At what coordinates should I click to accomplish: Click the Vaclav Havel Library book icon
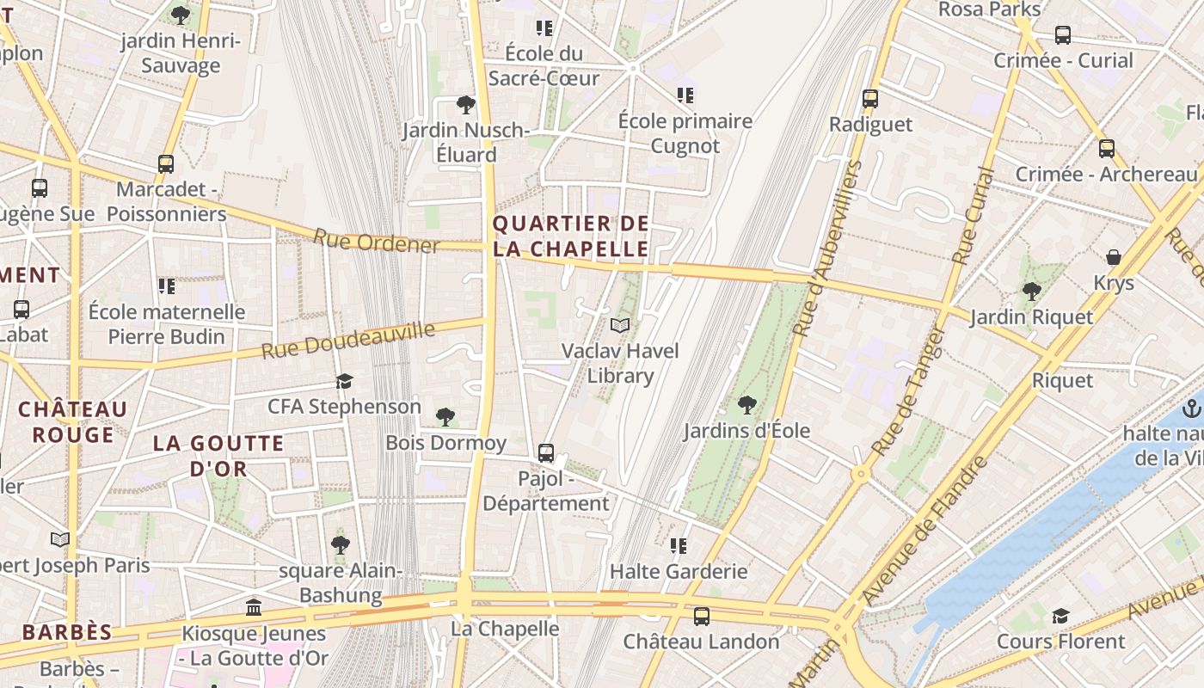(x=620, y=325)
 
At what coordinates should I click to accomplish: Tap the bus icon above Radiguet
(x=870, y=99)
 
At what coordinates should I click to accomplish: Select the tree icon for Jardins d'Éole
(x=746, y=404)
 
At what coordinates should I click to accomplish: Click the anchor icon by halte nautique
(x=1192, y=408)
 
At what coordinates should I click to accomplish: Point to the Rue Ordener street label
(x=377, y=242)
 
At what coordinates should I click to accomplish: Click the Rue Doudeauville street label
(x=348, y=341)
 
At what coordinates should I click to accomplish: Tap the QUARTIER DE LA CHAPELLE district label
(x=570, y=236)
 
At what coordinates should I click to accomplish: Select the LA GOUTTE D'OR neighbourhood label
(x=218, y=456)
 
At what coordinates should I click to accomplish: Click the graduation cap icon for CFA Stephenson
(x=344, y=381)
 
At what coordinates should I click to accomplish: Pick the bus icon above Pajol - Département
(x=546, y=452)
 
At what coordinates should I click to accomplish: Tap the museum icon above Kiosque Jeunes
(x=254, y=608)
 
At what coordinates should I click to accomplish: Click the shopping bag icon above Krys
(x=1114, y=257)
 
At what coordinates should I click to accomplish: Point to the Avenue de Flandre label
(x=925, y=531)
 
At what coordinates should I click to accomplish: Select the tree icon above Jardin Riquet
(x=1032, y=291)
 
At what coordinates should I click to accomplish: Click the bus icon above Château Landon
(x=702, y=616)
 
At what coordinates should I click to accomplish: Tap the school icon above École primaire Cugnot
(x=685, y=95)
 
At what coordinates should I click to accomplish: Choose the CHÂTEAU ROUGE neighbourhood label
(x=73, y=421)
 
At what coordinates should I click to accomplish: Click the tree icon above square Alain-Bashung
(x=341, y=544)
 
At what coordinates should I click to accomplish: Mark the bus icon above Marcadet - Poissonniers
(x=166, y=163)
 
